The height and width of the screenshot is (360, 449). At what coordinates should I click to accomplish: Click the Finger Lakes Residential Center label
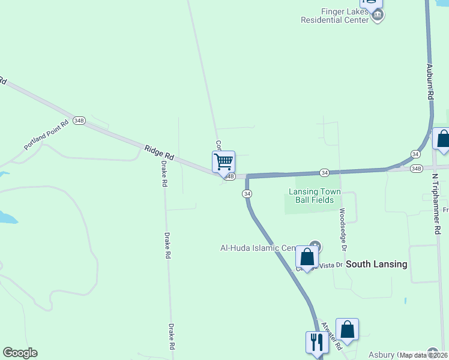pos(334,16)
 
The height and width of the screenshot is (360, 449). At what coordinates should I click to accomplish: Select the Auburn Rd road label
pos(430,83)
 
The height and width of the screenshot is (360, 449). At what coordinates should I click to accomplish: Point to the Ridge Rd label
pos(159,152)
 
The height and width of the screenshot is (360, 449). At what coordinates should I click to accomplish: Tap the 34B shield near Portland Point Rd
pos(79,120)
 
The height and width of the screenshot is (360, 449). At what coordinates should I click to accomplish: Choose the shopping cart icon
pos(223,161)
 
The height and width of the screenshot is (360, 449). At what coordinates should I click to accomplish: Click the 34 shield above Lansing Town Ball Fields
pos(324,173)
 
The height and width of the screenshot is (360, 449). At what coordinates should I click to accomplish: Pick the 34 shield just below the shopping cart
pos(247,193)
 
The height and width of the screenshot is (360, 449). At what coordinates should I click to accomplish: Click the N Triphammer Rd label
pos(437,205)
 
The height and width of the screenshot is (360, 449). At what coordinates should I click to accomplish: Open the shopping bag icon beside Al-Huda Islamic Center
pos(307,257)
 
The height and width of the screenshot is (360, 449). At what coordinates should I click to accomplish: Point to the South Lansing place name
pos(377,264)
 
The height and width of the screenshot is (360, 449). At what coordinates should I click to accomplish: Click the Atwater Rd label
pos(331,336)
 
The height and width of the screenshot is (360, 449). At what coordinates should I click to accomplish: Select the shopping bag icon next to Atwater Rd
pos(347,329)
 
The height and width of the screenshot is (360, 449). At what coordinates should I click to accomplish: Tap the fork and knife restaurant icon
pos(316,342)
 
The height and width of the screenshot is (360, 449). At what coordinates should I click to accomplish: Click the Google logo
pos(20,353)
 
